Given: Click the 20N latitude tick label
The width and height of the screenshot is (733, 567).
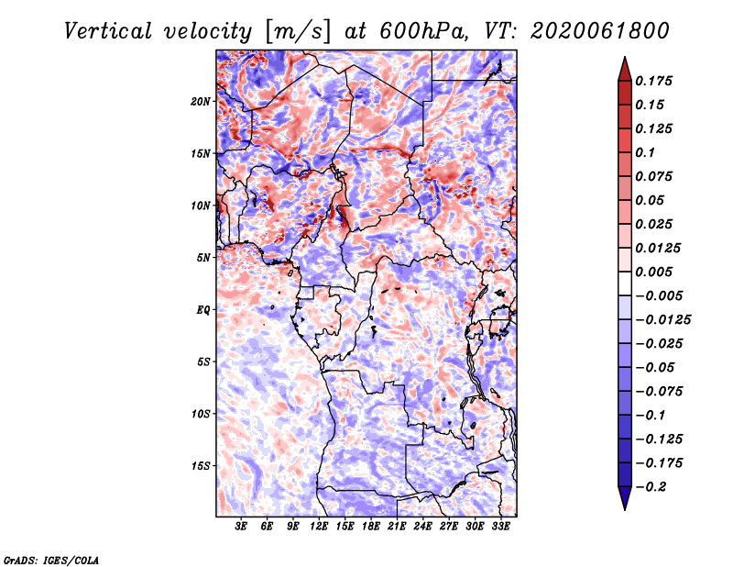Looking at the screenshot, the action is coord(201,102).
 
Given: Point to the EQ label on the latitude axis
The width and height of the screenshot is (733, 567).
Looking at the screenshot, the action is coord(203,310).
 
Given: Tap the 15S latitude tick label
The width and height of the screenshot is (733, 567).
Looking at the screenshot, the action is coord(201,466).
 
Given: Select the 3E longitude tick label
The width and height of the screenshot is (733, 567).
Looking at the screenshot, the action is coord(241,527).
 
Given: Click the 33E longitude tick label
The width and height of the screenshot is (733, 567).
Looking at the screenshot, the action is coord(500,527).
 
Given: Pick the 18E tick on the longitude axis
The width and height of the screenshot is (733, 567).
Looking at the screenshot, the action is coord(371,527).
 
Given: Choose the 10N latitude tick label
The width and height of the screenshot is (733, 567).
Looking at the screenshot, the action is coord(201,206).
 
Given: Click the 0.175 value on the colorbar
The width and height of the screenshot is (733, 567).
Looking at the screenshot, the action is coord(653,81).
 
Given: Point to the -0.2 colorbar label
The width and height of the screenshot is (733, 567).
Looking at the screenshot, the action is coord(651,487).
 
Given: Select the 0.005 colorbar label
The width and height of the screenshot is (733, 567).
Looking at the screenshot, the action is coord(653,272).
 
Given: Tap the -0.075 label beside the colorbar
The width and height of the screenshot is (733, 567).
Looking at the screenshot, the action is coord(659,392).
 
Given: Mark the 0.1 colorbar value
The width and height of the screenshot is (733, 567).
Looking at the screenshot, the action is coord(645,152).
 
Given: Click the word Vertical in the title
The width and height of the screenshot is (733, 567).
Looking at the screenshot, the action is coord(108,31).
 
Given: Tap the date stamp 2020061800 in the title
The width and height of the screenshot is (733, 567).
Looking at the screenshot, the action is coord(600,31).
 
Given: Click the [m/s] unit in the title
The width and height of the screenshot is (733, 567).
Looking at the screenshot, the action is coord(297,32).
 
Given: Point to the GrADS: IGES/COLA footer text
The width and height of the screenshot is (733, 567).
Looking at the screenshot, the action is coord(51,561).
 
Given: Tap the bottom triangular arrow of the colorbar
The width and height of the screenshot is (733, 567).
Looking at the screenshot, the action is coord(625,496).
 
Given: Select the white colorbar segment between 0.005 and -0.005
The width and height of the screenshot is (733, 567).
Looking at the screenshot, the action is coord(625,283).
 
